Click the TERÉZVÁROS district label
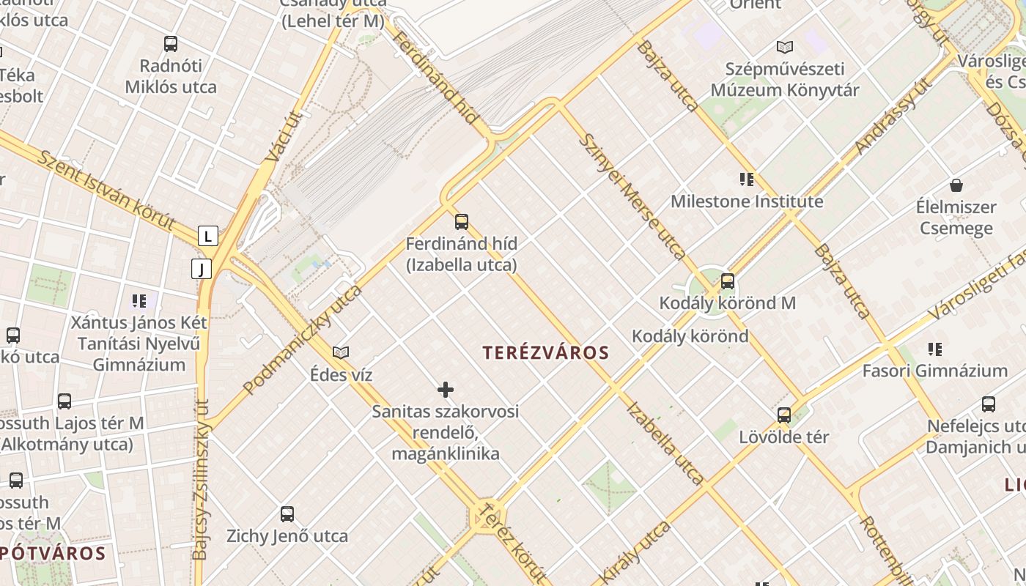[x=546, y=353]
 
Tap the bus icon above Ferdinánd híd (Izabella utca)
[x=461, y=221]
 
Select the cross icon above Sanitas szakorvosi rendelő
[x=445, y=389]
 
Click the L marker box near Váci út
[x=208, y=236]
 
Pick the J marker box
[x=201, y=269]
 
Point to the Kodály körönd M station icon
[x=727, y=281]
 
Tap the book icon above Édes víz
[x=341, y=352]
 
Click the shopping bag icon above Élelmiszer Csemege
[x=956, y=185]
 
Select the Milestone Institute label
[x=747, y=201]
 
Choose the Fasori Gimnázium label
[x=934, y=371]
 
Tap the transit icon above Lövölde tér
[x=783, y=415]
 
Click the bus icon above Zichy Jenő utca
[x=287, y=513]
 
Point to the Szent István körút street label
[x=106, y=189]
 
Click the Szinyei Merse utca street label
[x=632, y=196]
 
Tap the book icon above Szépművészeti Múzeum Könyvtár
[x=784, y=48]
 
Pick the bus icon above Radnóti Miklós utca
[x=171, y=44]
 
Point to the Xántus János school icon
[x=139, y=300]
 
